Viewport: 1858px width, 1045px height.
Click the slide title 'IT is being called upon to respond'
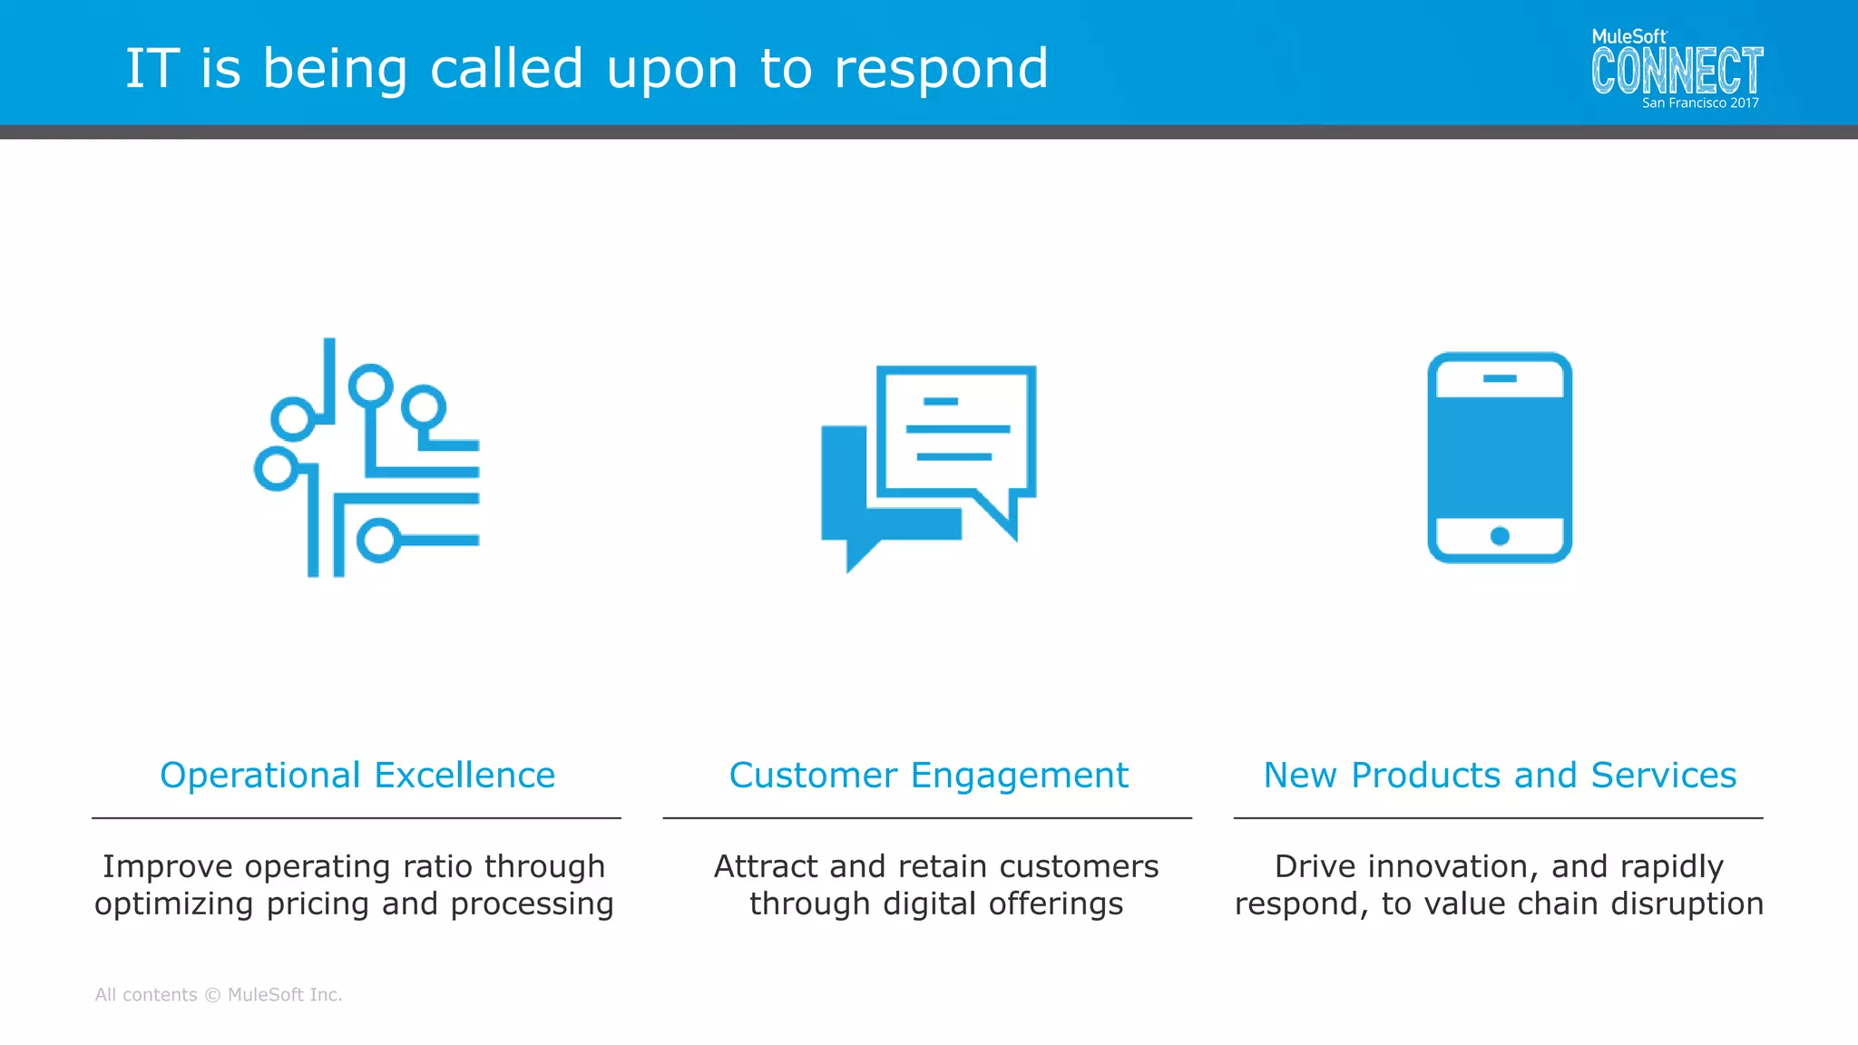586,69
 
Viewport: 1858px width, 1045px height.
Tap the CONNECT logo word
1677,71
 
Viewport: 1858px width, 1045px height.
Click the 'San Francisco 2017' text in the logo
1699,103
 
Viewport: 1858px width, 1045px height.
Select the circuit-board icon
367,458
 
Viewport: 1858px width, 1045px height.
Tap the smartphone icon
1500,458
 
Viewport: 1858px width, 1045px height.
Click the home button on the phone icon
1500,536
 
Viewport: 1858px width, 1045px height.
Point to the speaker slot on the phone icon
1500,378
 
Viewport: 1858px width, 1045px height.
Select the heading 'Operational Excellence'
357,776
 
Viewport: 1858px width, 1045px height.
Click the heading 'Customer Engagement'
928,776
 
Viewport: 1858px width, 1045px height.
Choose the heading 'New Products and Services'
1500,776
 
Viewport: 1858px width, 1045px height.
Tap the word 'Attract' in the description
767,866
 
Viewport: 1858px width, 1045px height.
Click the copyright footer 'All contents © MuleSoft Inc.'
219,995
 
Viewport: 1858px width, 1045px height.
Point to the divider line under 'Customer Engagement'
927,818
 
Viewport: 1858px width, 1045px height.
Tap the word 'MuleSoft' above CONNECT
1628,37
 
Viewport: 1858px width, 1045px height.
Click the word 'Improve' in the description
168,867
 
